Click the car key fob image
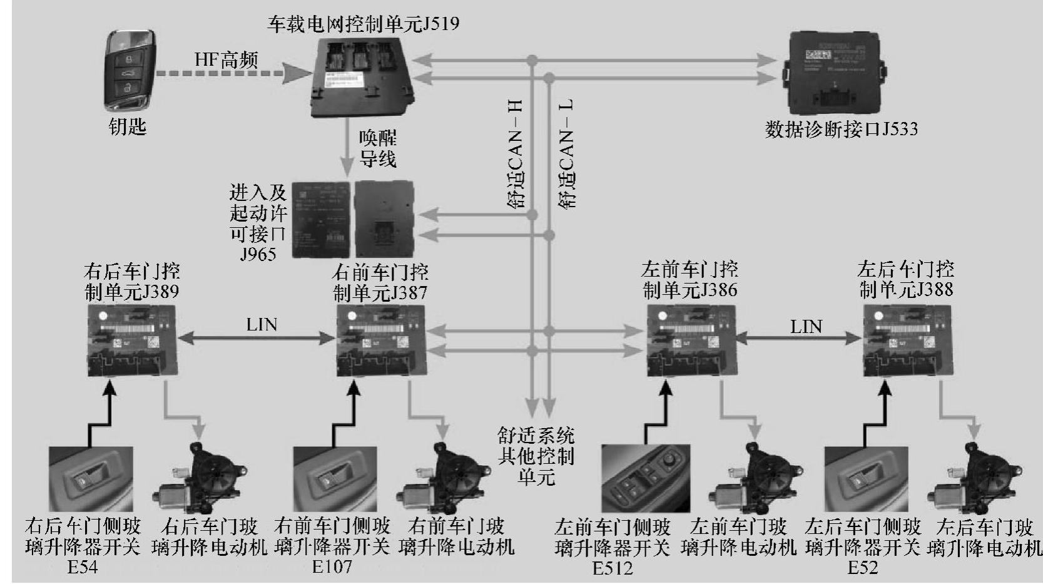point(130,70)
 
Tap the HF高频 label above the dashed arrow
point(226,60)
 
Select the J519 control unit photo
point(363,76)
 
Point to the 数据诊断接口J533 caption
point(841,130)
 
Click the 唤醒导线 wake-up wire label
point(377,148)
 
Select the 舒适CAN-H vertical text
point(516,154)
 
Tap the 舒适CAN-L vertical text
point(566,154)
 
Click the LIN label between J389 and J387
point(262,325)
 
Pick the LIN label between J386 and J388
point(806,326)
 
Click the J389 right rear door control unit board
point(131,341)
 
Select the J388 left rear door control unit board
point(907,341)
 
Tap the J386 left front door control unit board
point(690,341)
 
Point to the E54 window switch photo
point(90,479)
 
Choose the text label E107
point(332,567)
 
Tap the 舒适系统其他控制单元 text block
point(536,456)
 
